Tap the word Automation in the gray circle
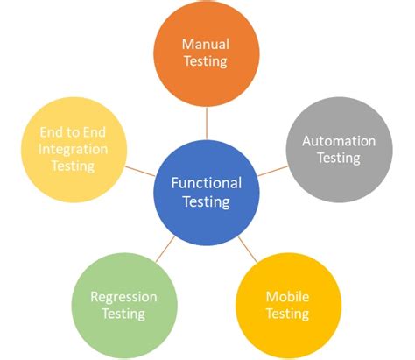pyautogui.click(x=338, y=141)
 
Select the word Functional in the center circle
pyautogui.click(x=206, y=183)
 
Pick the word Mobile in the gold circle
pyautogui.click(x=288, y=297)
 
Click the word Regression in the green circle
pyautogui.click(x=123, y=296)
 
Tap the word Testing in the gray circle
pyautogui.click(x=338, y=159)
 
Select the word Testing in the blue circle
pyautogui.click(x=206, y=201)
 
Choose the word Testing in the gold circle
pyautogui.click(x=288, y=314)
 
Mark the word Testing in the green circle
pyautogui.click(x=123, y=314)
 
